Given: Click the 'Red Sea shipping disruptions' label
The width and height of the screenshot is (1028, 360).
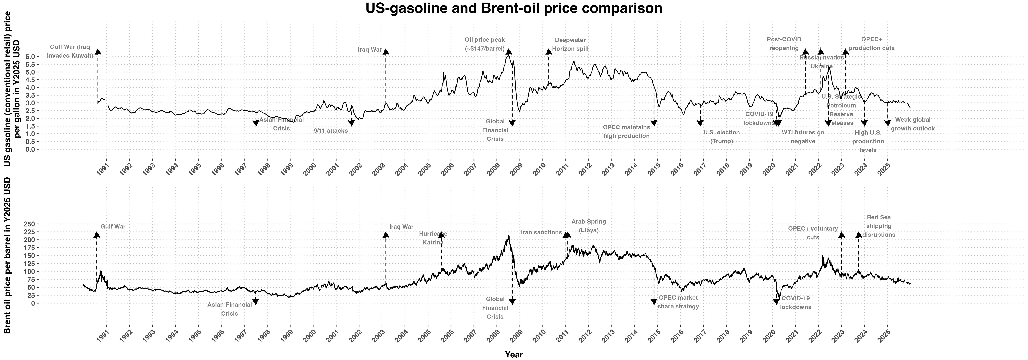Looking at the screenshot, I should click(879, 226).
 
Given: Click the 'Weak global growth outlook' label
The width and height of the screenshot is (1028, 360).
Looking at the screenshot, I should click(913, 124).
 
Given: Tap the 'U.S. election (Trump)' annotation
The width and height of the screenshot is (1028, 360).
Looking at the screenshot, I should click(721, 136).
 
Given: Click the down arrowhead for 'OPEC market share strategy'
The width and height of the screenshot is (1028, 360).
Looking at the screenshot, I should click(654, 302).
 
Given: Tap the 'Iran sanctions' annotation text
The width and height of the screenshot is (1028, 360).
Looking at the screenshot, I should click(542, 232).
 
